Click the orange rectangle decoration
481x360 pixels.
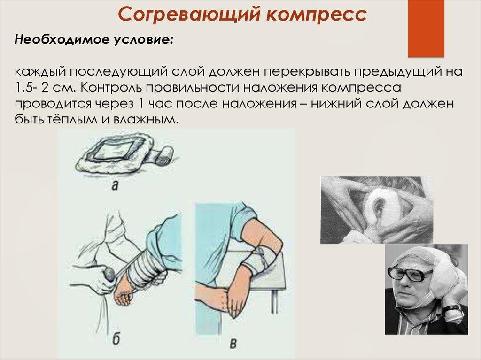pos(426,28)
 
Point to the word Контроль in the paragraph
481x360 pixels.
pos(111,87)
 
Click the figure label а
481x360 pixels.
pos(115,185)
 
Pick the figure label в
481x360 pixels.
pos(233,343)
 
